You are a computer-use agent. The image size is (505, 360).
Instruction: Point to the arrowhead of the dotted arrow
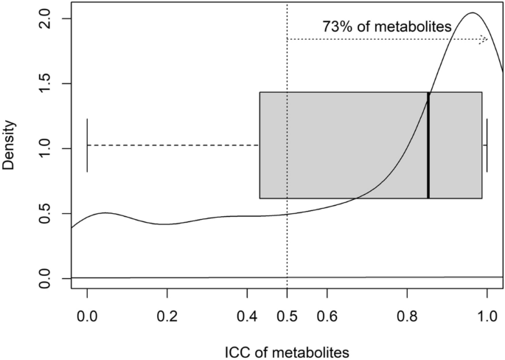tap(484, 39)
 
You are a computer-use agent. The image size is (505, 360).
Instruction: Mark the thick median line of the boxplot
tap(428, 145)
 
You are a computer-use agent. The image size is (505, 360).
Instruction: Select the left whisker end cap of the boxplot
tap(87, 145)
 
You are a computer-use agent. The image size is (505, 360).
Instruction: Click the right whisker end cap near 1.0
tap(487, 145)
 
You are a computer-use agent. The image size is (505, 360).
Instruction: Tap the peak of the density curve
tap(473, 13)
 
